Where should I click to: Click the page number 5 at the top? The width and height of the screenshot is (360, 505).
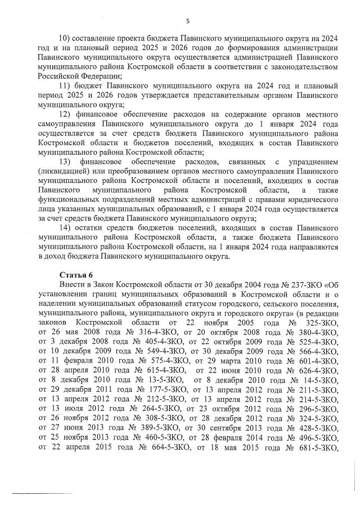187,21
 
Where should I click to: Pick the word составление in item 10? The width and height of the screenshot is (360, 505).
97,38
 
